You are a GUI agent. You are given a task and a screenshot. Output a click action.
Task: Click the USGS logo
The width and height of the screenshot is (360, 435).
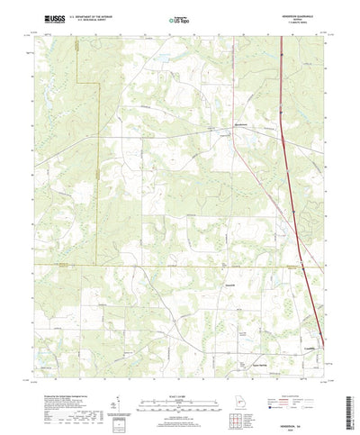pyautogui.click(x=41, y=17)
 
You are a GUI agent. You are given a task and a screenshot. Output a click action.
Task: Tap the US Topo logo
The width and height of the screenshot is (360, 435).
pyautogui.click(x=179, y=18)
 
